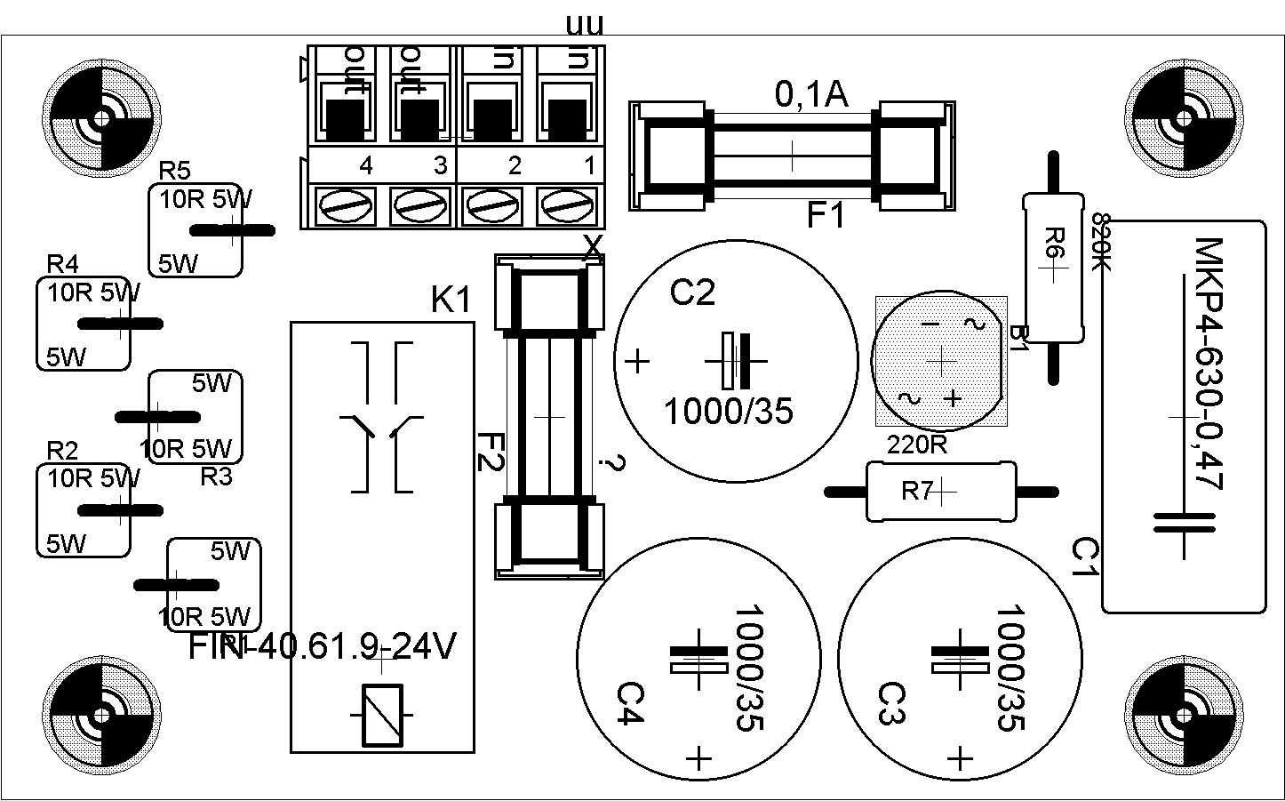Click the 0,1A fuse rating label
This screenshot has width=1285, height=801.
point(811,94)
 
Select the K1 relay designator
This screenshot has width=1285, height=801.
point(451,301)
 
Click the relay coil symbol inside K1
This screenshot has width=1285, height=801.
point(382,716)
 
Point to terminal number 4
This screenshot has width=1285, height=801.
point(365,165)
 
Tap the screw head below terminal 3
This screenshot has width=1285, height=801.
point(417,207)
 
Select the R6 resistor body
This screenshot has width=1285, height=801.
point(1052,267)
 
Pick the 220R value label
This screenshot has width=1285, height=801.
point(917,445)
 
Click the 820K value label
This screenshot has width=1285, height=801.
point(1101,241)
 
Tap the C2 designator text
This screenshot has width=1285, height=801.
point(691,292)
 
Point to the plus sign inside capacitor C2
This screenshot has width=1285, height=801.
point(637,362)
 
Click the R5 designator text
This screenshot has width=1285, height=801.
point(174,171)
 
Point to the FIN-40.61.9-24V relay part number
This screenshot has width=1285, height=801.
point(323,647)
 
